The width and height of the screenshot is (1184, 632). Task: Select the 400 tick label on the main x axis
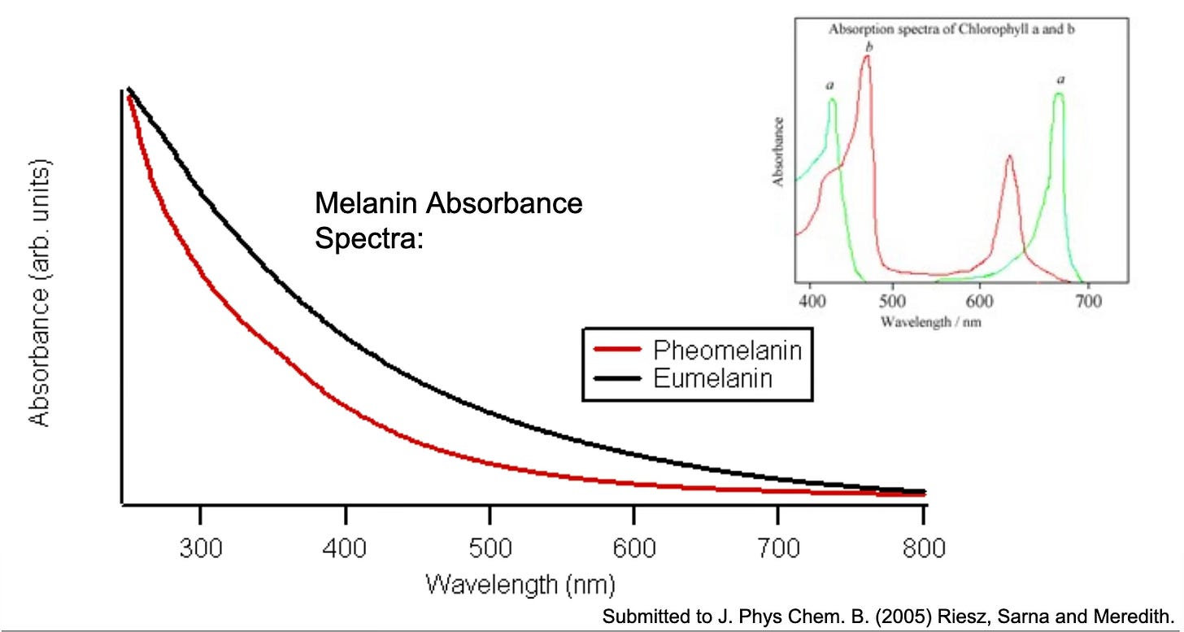click(x=346, y=549)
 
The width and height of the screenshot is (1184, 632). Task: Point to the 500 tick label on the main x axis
click(x=490, y=549)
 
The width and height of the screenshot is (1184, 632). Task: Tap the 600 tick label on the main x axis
click(x=633, y=549)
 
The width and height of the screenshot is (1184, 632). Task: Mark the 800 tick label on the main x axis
click(x=922, y=549)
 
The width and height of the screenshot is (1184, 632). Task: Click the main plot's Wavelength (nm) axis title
click(x=520, y=584)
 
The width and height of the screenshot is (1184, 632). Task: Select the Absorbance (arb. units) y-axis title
click(x=40, y=293)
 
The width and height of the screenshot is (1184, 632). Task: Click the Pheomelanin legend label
click(x=727, y=351)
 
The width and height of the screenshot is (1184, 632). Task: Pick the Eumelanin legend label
click(x=712, y=378)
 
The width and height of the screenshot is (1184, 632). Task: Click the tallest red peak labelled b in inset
click(x=867, y=59)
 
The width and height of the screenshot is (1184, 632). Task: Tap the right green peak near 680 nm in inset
click(x=1059, y=95)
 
